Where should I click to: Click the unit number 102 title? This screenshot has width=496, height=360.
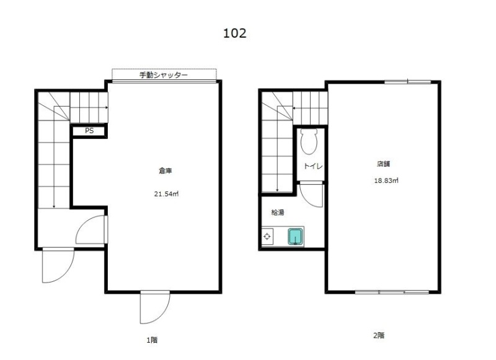(x=234, y=33)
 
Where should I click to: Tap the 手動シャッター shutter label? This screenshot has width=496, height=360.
(x=164, y=75)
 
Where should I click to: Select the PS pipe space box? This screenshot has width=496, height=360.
(x=89, y=131)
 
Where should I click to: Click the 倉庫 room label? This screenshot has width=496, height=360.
(x=165, y=171)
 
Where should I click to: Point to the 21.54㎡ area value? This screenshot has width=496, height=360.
(x=166, y=194)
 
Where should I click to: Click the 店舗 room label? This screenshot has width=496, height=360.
(x=383, y=164)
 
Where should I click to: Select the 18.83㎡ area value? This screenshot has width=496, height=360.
(x=386, y=181)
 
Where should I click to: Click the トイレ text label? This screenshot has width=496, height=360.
(x=313, y=166)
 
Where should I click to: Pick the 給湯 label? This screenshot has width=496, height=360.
(x=278, y=213)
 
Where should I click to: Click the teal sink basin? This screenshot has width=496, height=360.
(x=295, y=237)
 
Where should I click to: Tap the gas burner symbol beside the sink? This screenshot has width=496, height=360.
(x=267, y=237)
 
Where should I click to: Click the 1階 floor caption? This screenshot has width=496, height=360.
(x=152, y=340)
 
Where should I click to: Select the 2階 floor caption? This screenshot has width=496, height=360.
(x=379, y=335)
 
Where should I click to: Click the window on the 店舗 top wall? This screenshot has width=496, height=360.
(x=408, y=82)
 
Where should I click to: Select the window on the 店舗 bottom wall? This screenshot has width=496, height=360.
(x=392, y=292)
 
